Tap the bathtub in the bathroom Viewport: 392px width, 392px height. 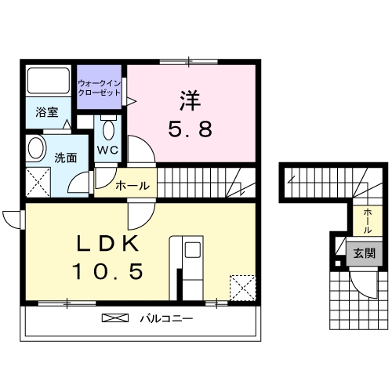click(x=48, y=82)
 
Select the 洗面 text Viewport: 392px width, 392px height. click(x=65, y=157)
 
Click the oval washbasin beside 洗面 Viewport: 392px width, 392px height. click(x=34, y=147)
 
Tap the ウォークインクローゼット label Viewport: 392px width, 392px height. click(x=99, y=87)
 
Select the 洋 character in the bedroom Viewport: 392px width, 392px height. click(x=191, y=101)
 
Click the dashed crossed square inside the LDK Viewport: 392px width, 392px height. click(x=242, y=287)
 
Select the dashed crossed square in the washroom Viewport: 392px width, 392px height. click(x=36, y=183)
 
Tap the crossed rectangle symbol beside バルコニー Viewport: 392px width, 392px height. click(x=114, y=319)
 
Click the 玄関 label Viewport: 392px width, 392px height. click(x=363, y=253)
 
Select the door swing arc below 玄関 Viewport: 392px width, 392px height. click(x=363, y=283)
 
